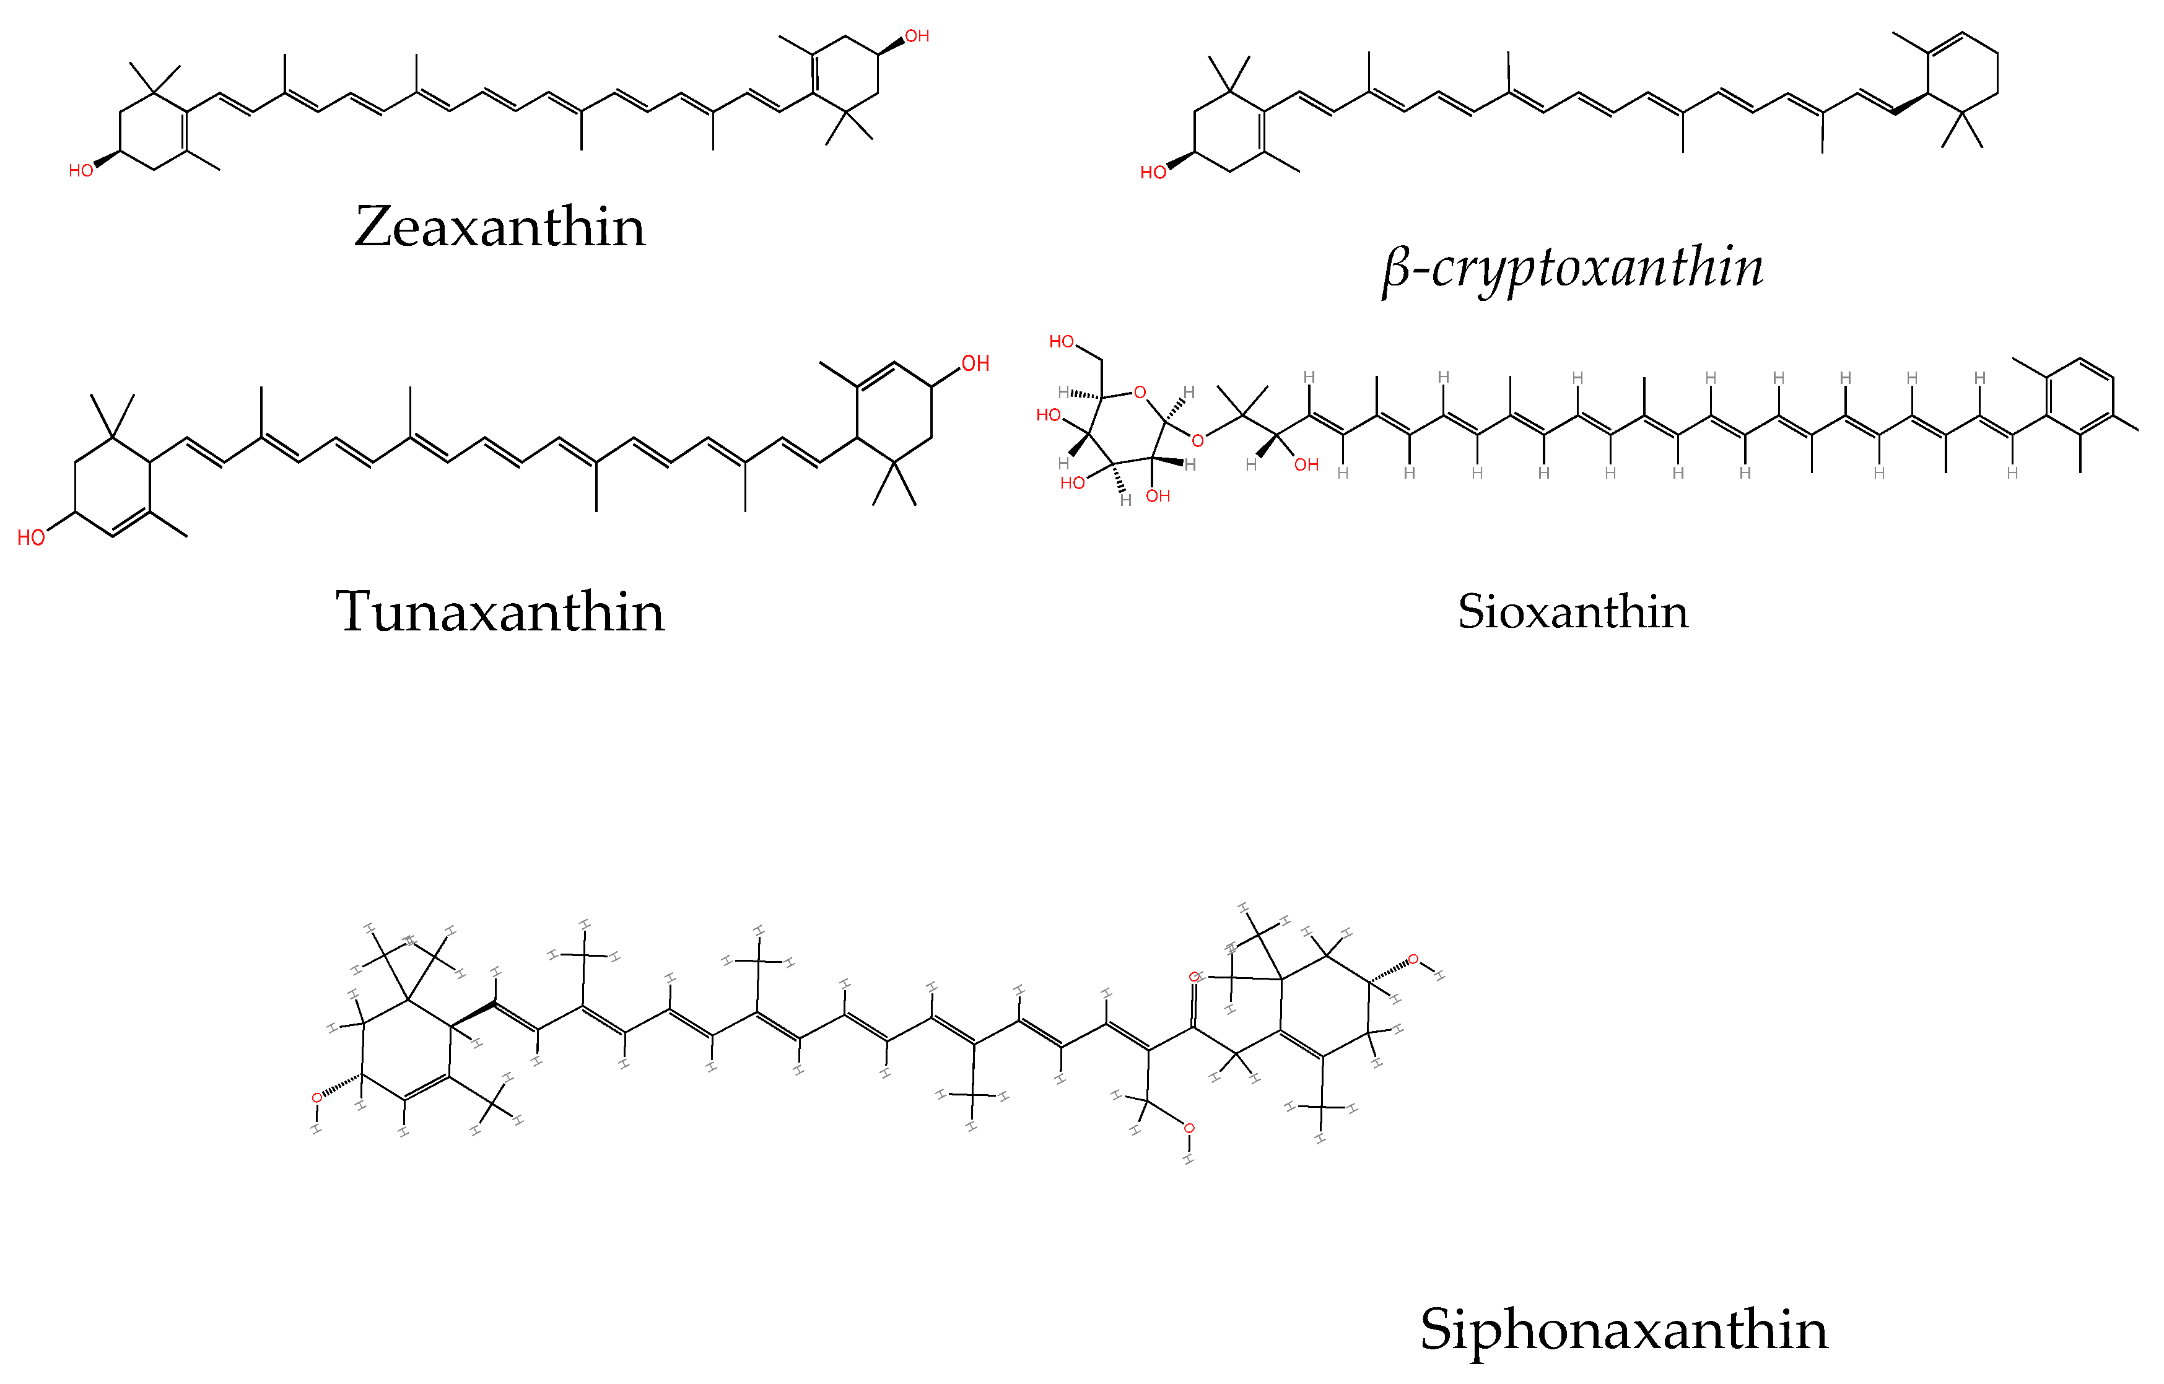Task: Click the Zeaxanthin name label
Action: [x=500, y=227]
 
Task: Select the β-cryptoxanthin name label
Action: [x=1573, y=268]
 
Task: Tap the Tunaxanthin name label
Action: [x=500, y=612]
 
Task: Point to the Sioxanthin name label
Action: [x=1573, y=612]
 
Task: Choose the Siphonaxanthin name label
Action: [x=1624, y=1329]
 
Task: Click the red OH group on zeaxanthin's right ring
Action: [x=917, y=36]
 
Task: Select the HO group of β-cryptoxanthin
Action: [x=1153, y=173]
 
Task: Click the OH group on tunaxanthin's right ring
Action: [x=975, y=364]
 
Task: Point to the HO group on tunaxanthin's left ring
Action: [x=32, y=537]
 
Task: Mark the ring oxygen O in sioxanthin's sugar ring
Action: [x=1140, y=393]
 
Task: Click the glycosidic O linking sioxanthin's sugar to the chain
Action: [x=1197, y=440]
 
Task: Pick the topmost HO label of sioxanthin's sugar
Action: [x=1062, y=341]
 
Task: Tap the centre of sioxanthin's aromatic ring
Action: [x=2080, y=397]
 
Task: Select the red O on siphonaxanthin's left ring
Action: [x=316, y=1098]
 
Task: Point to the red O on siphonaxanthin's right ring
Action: [x=1413, y=960]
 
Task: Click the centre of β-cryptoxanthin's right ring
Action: [x=1963, y=74]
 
